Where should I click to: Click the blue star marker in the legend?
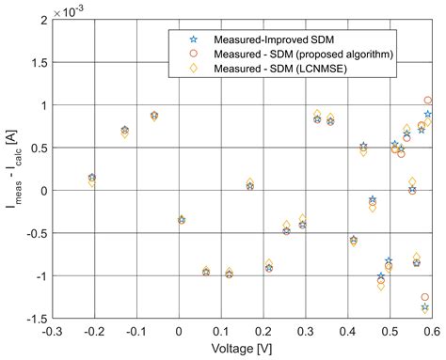click(x=193, y=39)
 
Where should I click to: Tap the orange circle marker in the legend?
click(x=193, y=54)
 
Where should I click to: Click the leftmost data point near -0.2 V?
click(x=91, y=178)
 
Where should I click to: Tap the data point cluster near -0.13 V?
click(x=124, y=131)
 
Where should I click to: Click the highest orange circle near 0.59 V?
click(x=428, y=101)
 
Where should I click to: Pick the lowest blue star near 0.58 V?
click(x=425, y=307)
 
